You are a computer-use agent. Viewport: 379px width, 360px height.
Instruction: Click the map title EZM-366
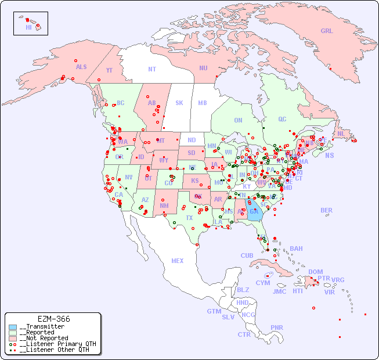point(53,319)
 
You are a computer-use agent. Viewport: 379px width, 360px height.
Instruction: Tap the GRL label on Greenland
point(327,31)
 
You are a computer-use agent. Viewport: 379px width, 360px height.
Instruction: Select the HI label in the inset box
point(28,27)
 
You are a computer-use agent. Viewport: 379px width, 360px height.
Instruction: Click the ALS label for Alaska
point(81,67)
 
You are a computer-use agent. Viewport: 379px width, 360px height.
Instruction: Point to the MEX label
point(178,261)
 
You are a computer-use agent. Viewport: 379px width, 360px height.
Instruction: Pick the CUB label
point(247,256)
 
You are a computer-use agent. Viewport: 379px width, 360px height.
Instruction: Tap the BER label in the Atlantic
point(327,211)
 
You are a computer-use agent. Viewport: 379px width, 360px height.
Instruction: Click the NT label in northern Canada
point(152,69)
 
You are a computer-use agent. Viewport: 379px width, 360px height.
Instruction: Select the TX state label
point(189,218)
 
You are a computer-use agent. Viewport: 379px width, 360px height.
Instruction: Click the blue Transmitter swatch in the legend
point(13,327)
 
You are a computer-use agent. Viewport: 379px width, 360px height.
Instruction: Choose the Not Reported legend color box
point(13,338)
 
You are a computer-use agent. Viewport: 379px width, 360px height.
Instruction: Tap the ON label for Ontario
point(238,121)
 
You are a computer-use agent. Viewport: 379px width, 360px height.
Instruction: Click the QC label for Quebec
point(282,120)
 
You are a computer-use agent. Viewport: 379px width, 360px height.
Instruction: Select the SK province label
point(179,103)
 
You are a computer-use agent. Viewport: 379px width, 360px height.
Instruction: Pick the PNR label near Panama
point(277,327)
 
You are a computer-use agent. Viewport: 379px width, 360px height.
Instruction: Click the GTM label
point(214,312)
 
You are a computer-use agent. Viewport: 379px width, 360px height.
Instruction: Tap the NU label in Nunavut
point(203,69)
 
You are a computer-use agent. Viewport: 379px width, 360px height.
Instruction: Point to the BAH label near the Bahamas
point(296,249)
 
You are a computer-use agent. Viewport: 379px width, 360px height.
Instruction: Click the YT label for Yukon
point(109,70)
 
